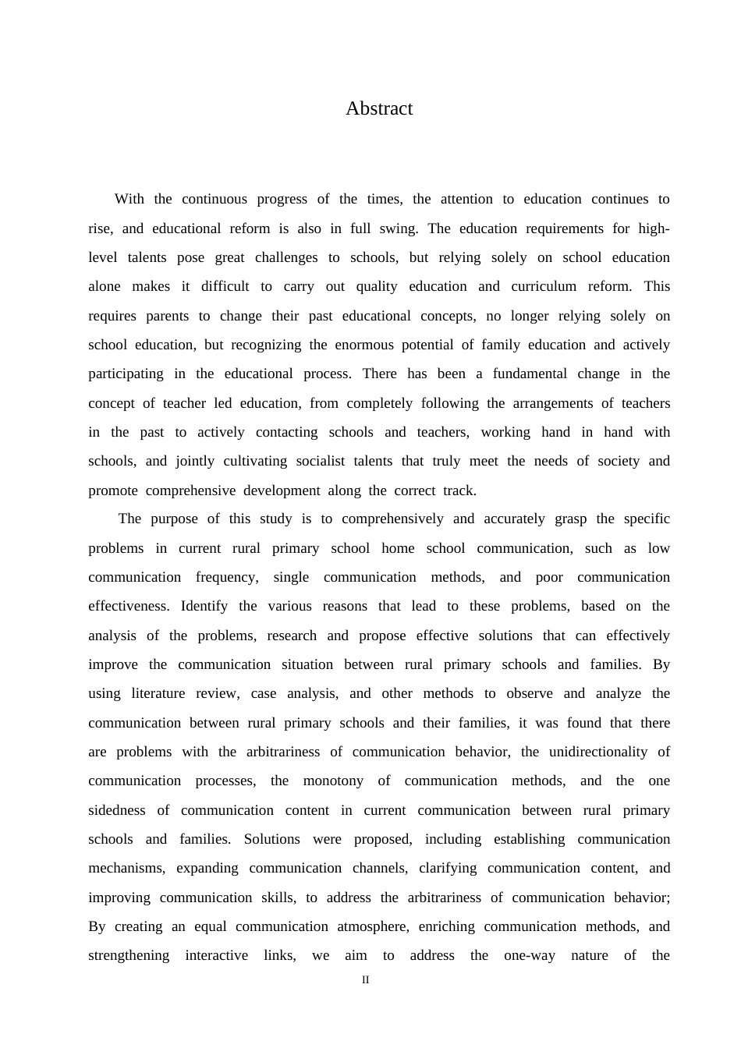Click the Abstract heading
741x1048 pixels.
(x=379, y=108)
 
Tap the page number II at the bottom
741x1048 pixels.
(x=365, y=980)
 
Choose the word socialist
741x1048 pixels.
(x=320, y=461)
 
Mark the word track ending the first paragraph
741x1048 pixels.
(x=458, y=490)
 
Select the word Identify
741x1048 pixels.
(x=204, y=606)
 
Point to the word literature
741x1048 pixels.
(x=158, y=693)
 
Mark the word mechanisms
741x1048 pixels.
(x=126, y=868)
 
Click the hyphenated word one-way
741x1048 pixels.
(x=530, y=955)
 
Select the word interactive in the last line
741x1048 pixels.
(x=216, y=955)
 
